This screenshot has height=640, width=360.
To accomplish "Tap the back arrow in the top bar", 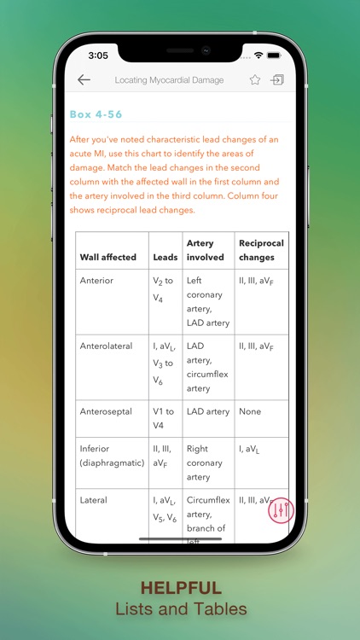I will (x=84, y=80).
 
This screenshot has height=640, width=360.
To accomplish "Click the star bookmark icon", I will (x=255, y=80).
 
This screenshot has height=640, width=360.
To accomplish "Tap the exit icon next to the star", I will (x=277, y=80).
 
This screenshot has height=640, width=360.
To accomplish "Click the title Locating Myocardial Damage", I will (x=170, y=80).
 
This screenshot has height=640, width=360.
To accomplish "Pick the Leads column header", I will (x=165, y=257).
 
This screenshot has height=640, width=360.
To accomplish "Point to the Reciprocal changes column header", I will (x=261, y=250).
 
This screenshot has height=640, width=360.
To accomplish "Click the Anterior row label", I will (x=96, y=280).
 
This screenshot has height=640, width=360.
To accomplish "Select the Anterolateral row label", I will (x=107, y=346).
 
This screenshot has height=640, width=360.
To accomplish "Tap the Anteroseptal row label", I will (x=106, y=411).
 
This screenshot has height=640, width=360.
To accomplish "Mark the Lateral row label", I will (x=94, y=500).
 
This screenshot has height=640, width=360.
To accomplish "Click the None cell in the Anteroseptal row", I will (x=250, y=411).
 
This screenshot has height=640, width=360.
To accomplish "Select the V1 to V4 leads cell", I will (x=164, y=418).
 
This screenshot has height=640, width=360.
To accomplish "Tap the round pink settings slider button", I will (x=281, y=510).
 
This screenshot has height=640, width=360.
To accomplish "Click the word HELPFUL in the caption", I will (x=180, y=588).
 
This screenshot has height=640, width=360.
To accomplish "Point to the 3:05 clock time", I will (x=98, y=55).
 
